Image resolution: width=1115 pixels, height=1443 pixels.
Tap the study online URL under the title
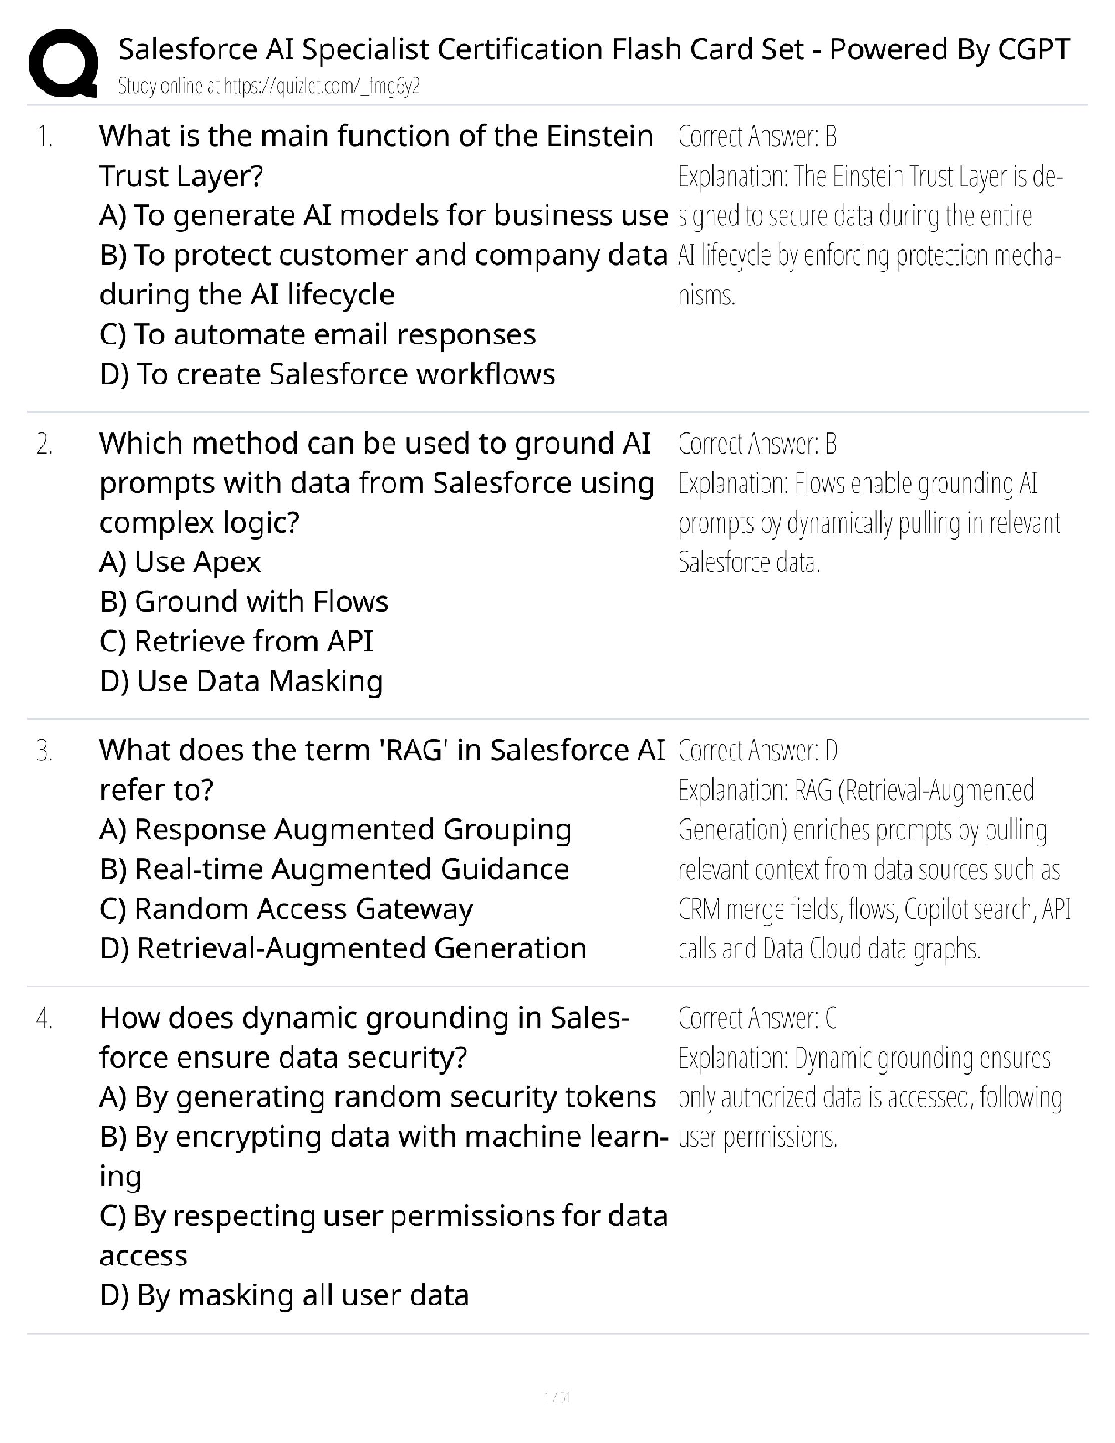[x=269, y=87]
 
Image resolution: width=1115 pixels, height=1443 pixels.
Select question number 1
[x=45, y=137]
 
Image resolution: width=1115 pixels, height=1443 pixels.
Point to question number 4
[x=45, y=1018]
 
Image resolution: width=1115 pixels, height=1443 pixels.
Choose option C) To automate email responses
[x=317, y=334]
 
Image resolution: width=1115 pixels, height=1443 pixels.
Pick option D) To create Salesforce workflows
[x=327, y=374]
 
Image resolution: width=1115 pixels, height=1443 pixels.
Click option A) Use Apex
[x=179, y=562]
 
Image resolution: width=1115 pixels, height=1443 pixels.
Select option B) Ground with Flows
[x=244, y=602]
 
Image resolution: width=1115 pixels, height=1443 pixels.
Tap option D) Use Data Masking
[x=241, y=681]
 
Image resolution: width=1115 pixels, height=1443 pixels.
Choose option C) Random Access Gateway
[x=286, y=909]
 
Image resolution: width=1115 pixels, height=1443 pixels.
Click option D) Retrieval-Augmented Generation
[x=343, y=948]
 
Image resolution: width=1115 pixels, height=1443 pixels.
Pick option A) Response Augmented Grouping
[x=335, y=830]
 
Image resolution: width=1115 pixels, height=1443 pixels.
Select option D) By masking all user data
[x=284, y=1295]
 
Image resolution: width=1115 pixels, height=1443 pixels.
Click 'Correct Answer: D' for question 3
[x=758, y=751]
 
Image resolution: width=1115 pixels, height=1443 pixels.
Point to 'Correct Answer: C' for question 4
[x=757, y=1018]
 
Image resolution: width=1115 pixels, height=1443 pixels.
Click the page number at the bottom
[x=557, y=1397]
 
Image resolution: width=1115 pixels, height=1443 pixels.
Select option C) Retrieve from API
[x=236, y=641]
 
